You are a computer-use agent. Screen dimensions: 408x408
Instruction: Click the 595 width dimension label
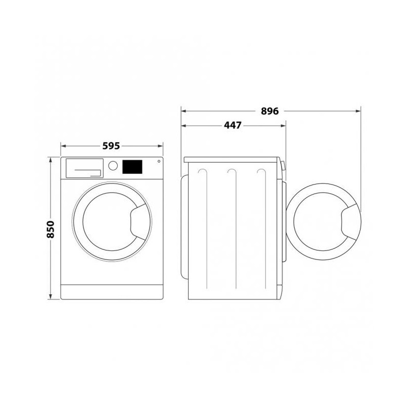point(111,146)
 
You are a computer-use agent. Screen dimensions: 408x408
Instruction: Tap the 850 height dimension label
point(50,229)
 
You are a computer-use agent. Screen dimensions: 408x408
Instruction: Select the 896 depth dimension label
point(270,111)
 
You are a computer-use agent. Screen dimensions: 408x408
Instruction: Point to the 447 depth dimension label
point(233,125)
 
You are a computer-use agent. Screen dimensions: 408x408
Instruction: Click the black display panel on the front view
point(132,167)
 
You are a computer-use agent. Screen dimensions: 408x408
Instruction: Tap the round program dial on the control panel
point(113,165)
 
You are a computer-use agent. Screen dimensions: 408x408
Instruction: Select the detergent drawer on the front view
point(85,168)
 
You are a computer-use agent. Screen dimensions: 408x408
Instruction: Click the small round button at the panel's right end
point(159,161)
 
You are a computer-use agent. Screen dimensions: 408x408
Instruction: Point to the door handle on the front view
point(141,221)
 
